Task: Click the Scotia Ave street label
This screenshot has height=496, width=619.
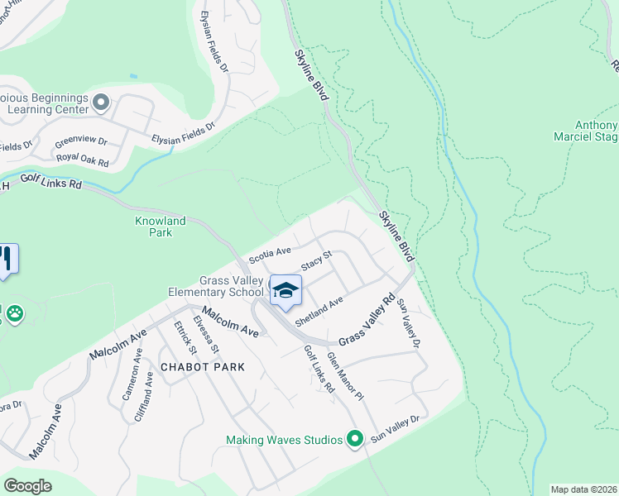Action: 271,253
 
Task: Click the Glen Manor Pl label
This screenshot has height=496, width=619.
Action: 345,376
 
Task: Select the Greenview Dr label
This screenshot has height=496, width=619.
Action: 81,141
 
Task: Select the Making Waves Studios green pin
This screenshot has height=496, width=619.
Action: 356,438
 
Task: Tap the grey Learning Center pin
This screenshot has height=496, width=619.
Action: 101,103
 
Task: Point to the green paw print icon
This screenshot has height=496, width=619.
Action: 14,313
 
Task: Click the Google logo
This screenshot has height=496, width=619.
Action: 27,486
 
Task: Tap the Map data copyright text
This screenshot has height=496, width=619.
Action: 583,489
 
